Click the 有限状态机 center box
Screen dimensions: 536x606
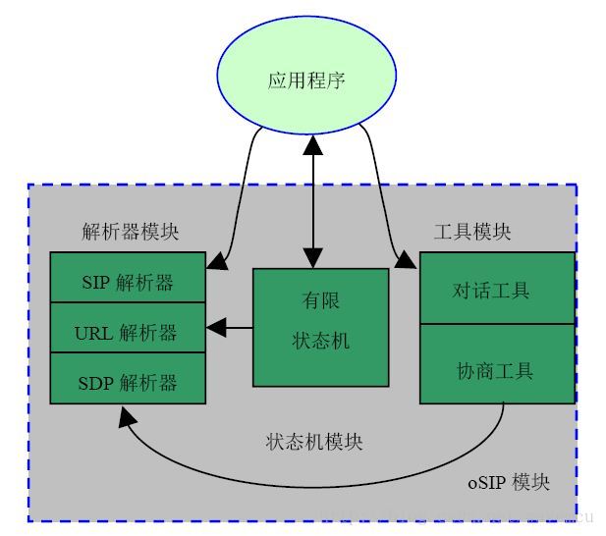320,327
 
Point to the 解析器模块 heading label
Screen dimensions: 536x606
131,233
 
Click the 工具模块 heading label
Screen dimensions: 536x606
472,233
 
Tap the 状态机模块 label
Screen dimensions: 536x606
314,442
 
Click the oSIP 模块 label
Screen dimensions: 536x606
508,483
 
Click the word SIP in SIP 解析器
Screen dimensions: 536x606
95,284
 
